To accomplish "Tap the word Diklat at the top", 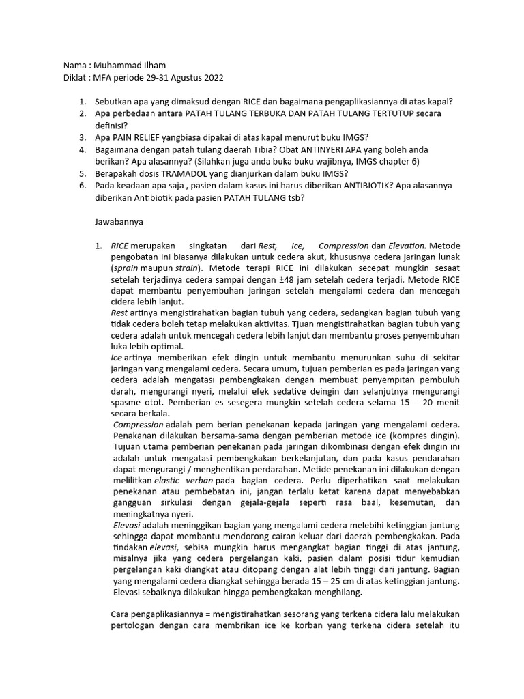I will pos(76,78).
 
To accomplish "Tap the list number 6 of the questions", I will pos(82,185).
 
